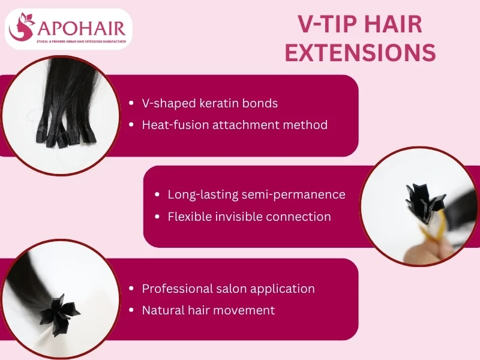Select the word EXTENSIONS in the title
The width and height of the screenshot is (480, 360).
pyautogui.click(x=360, y=53)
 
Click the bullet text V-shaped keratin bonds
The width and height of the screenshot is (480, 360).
pyautogui.click(x=209, y=103)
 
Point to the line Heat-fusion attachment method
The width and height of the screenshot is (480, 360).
pyautogui.click(x=235, y=125)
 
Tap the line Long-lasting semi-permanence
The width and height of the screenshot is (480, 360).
pyautogui.click(x=256, y=194)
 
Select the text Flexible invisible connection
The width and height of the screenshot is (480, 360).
pyautogui.click(x=249, y=217)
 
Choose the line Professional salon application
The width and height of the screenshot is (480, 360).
pyautogui.click(x=228, y=289)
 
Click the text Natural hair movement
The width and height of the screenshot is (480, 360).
pyautogui.click(x=208, y=310)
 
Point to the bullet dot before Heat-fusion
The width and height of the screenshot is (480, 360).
pyautogui.click(x=131, y=125)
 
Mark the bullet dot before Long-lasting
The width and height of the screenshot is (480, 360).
pyautogui.click(x=157, y=195)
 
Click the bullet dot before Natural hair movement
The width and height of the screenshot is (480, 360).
pyautogui.click(x=131, y=311)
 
